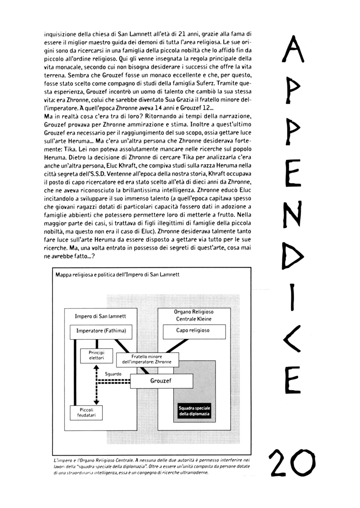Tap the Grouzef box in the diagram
[x=161, y=381]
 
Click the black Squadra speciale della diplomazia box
[x=194, y=410]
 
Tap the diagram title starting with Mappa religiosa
[x=117, y=274]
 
